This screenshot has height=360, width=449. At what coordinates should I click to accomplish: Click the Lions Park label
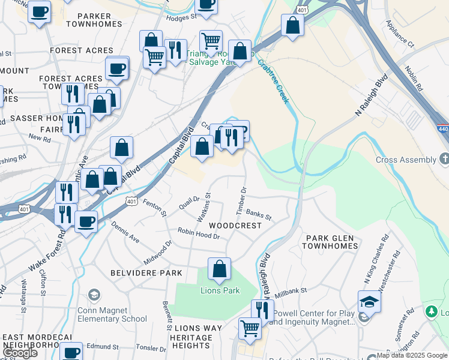220,291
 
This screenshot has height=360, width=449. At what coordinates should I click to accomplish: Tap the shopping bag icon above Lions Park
219,269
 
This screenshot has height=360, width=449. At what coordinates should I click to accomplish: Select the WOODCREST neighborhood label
235,226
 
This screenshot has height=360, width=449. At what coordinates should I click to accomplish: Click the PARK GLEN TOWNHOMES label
332,242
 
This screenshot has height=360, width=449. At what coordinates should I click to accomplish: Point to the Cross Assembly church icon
444,159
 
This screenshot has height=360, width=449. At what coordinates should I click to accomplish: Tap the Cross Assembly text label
406,160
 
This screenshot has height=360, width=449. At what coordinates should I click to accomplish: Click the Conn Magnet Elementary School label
112,314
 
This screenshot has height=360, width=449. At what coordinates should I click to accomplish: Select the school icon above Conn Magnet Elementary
94,295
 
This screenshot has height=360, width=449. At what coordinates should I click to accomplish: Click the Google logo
19,352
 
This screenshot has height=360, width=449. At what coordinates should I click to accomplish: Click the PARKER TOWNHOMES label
94,19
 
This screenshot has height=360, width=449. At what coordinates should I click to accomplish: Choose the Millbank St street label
291,293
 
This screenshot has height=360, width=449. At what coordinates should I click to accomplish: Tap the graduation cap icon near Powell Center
369,301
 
